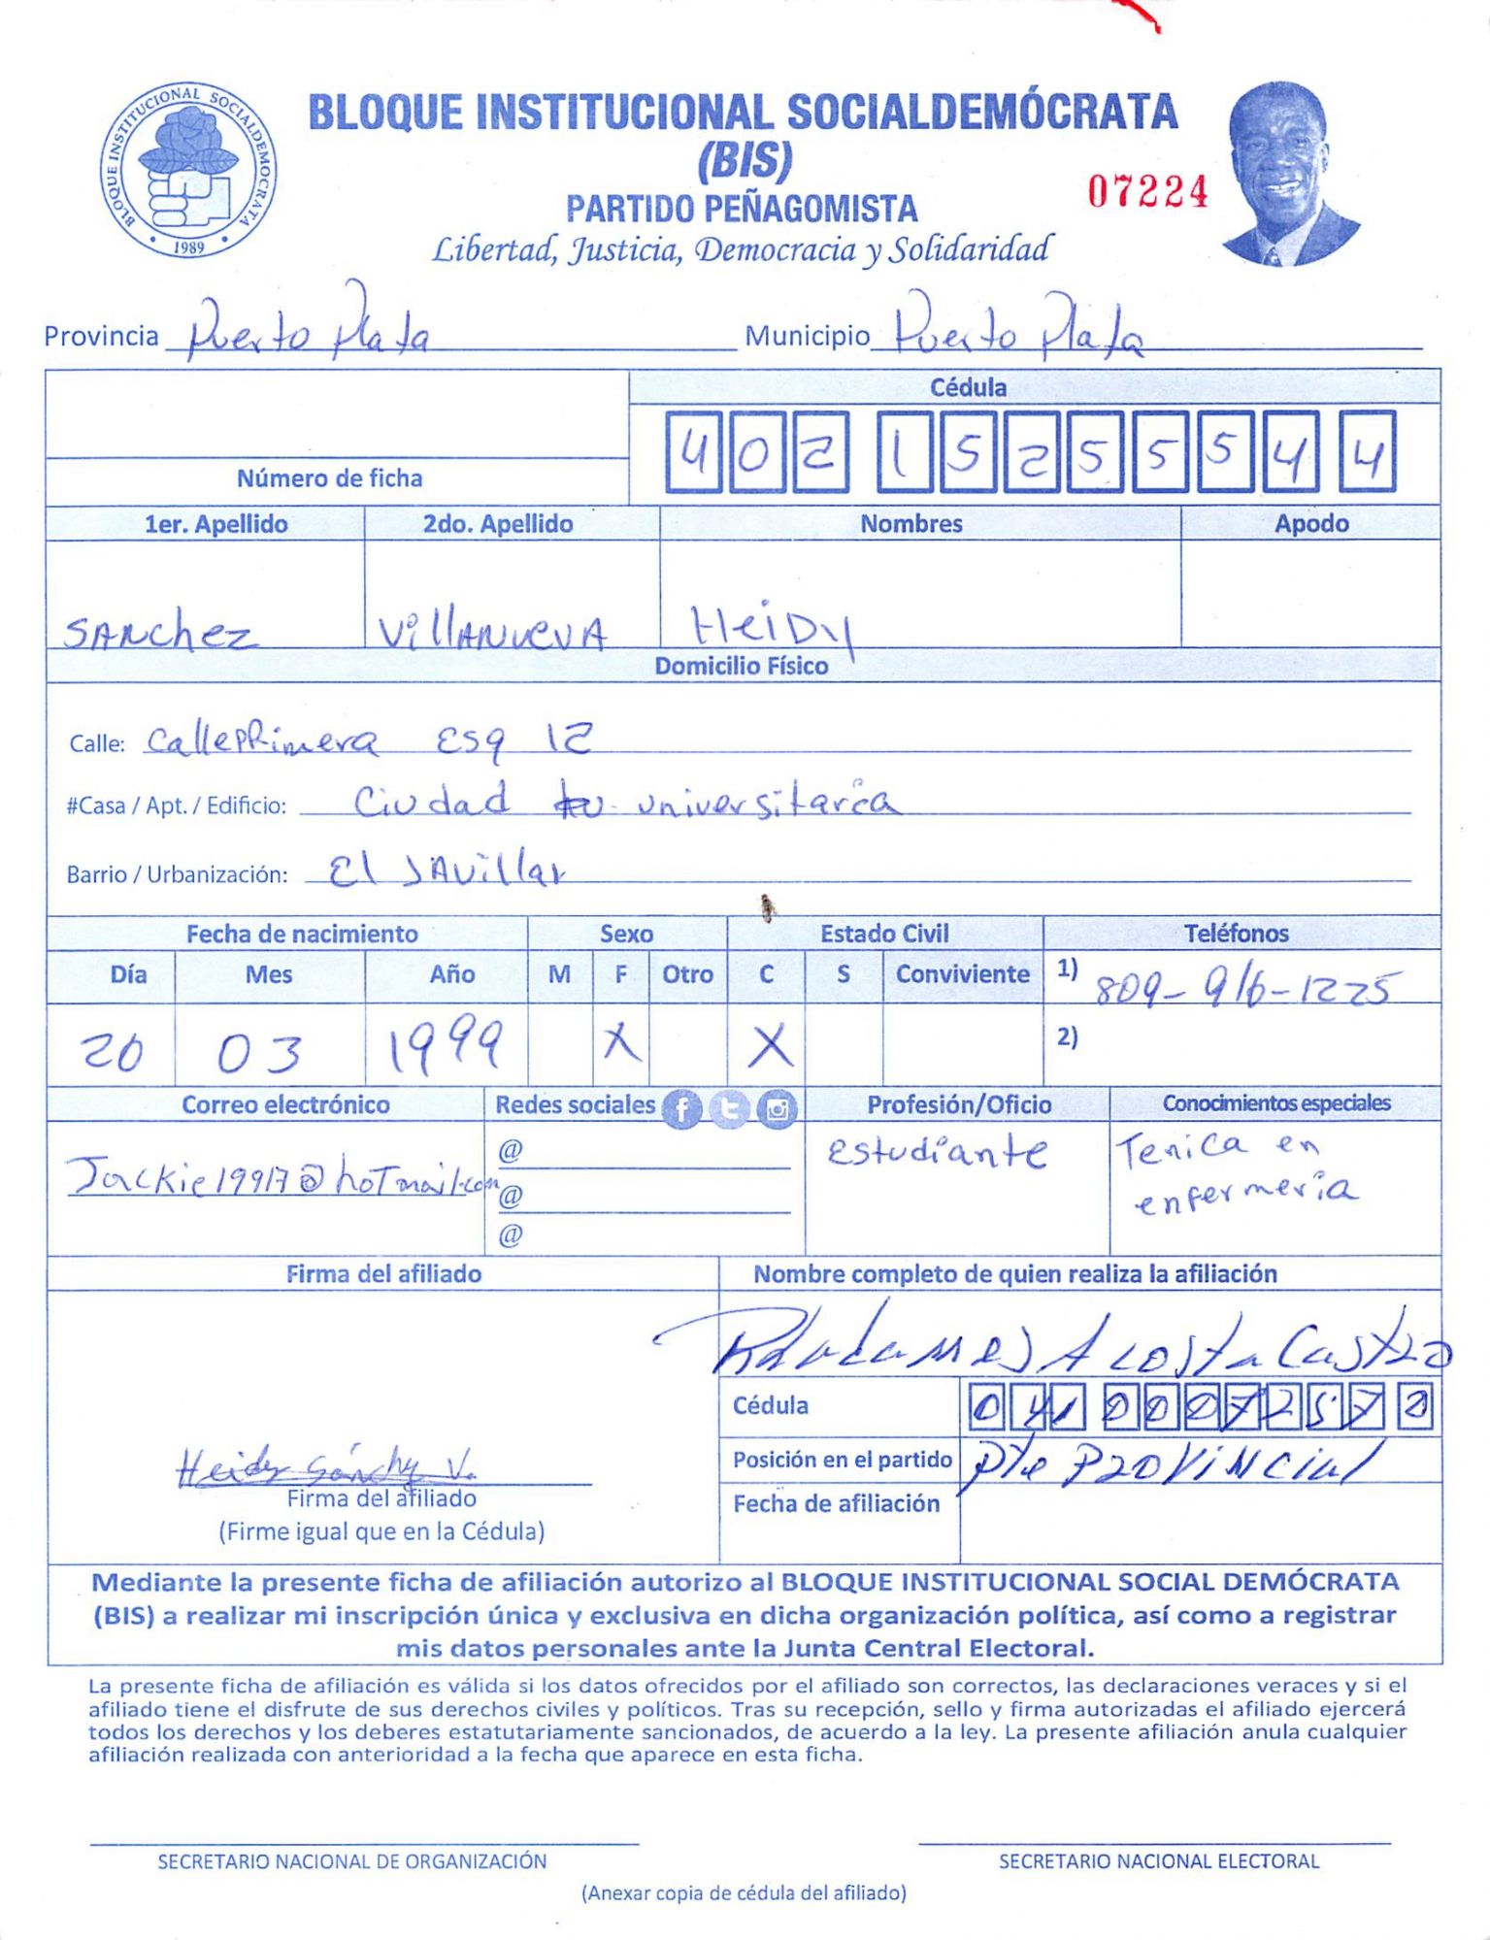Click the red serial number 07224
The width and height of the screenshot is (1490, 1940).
pos(1147,192)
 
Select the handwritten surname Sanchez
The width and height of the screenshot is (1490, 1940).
pos(160,633)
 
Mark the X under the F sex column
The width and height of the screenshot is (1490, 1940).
pos(621,1044)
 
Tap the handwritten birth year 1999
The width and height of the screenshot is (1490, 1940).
pos(446,1045)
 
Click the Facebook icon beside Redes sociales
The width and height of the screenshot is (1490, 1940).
pos(681,1108)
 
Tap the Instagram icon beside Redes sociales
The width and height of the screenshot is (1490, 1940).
pos(777,1108)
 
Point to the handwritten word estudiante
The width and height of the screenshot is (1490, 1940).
pos(937,1153)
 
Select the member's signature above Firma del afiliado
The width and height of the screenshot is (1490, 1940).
pos(325,1466)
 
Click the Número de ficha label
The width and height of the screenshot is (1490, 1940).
pos(329,478)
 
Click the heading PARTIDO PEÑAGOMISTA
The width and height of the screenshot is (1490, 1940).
pos(742,209)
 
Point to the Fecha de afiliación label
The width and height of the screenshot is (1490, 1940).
pos(836,1503)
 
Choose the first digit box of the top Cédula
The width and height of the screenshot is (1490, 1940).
pos(693,451)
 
